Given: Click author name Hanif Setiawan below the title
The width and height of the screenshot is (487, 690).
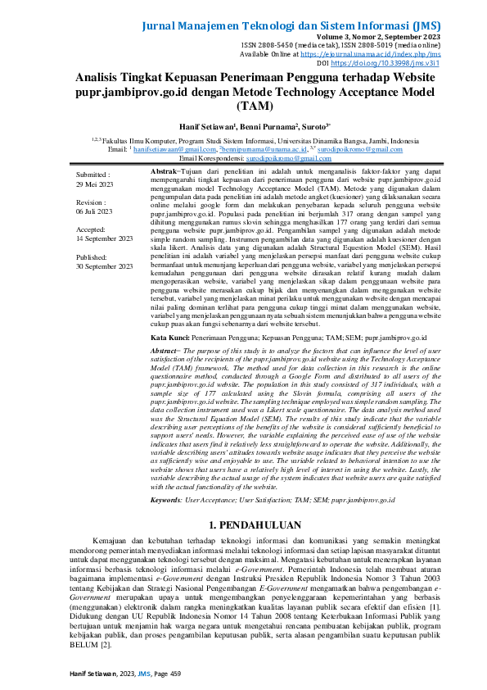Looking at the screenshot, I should (x=208, y=128).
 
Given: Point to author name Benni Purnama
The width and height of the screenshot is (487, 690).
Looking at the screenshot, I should (x=264, y=128).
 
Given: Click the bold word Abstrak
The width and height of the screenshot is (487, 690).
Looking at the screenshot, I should (x=166, y=171).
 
